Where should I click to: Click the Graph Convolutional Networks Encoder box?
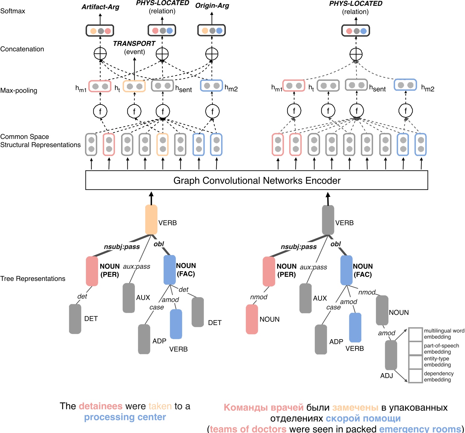point(257,180)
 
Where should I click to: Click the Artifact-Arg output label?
point(100,7)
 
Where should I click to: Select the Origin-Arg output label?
point(212,6)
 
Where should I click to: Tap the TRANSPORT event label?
point(134,44)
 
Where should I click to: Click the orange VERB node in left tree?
point(151,220)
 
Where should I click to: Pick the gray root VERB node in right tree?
point(328,220)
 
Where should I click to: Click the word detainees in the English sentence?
point(101,406)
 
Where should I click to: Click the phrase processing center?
point(125,417)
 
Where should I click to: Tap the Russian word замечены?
point(355,408)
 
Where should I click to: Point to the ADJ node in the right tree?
point(391,355)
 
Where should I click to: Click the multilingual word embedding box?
point(415,334)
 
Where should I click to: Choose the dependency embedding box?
point(415,376)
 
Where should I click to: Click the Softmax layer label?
point(13,11)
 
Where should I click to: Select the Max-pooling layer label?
point(19,91)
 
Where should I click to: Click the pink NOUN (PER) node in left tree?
point(92,271)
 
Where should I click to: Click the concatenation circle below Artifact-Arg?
point(100,54)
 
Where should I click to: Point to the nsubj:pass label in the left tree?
point(122,247)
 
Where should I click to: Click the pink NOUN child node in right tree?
point(252,319)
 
